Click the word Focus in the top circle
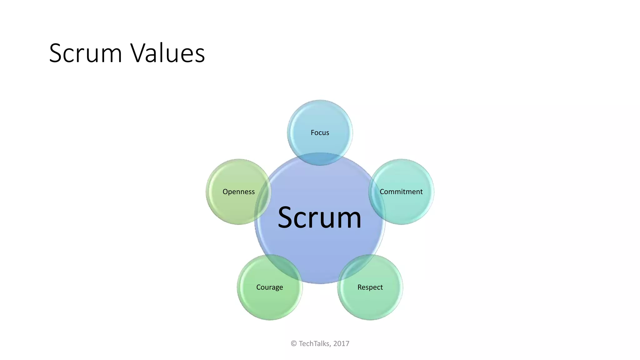click(x=320, y=132)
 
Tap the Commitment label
click(x=401, y=192)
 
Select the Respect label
click(x=370, y=287)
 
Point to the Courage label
click(x=269, y=287)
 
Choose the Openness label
click(x=238, y=192)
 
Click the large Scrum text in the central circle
click(x=319, y=217)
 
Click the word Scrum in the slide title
click(x=85, y=53)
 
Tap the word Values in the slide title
click(x=167, y=53)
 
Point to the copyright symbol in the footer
click(x=294, y=344)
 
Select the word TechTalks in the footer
click(x=314, y=344)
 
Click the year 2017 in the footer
click(x=341, y=344)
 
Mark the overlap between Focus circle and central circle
click(x=320, y=159)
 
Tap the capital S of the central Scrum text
click(x=286, y=217)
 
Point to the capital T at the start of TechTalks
click(x=301, y=344)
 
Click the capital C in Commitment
click(x=382, y=192)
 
